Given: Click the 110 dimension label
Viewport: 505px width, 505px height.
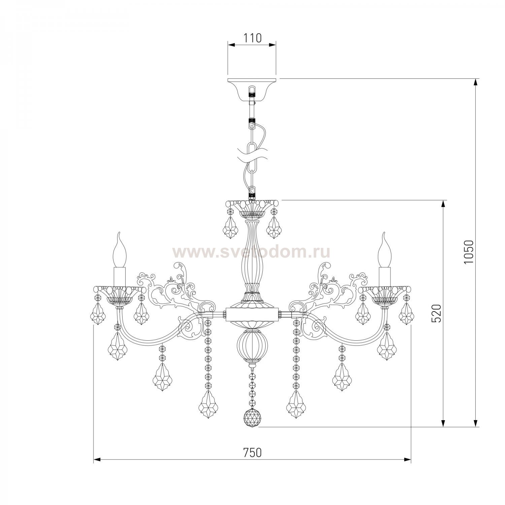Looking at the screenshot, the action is click(252, 38).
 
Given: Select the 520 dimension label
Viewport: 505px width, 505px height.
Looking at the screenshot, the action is click(436, 313).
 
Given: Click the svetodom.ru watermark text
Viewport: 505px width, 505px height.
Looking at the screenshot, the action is click(251, 251).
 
